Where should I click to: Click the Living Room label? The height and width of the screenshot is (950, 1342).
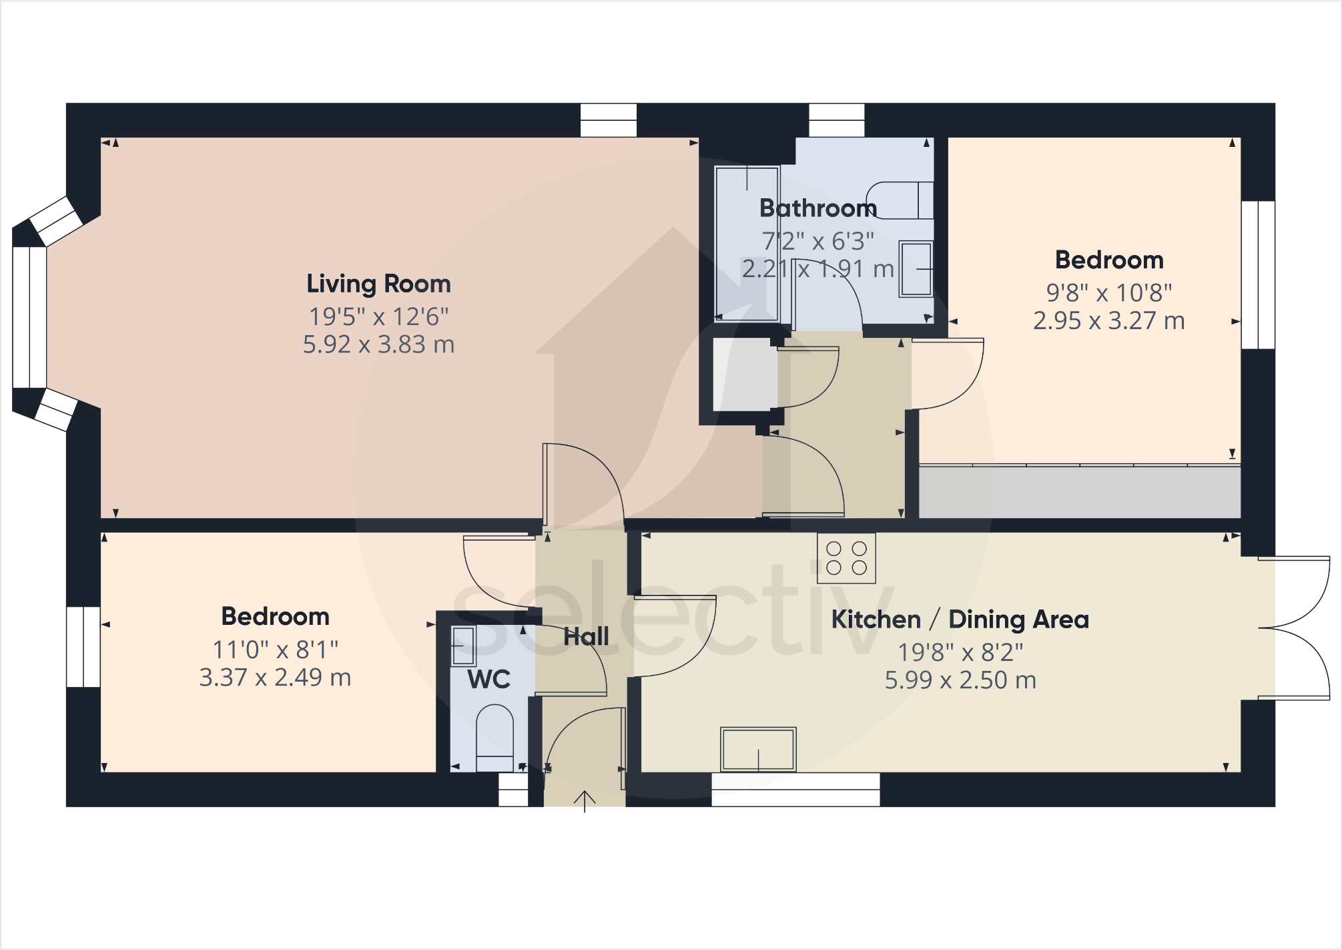(378, 284)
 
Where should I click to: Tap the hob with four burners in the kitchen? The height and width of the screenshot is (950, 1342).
(846, 558)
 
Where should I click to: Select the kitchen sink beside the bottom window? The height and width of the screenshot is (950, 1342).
(758, 749)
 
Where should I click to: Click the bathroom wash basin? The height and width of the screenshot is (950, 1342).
(915, 269)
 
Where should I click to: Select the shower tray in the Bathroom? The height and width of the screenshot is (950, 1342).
(746, 243)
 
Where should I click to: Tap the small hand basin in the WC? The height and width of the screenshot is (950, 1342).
(463, 646)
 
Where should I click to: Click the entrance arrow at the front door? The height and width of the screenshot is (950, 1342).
(585, 800)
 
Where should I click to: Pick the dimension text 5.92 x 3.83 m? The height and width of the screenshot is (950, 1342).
(378, 344)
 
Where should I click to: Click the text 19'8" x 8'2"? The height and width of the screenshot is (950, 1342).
(960, 652)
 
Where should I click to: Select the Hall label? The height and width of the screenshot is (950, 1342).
(586, 636)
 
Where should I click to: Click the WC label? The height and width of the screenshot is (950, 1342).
(488, 680)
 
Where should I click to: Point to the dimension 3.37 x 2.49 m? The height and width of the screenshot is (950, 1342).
(275, 678)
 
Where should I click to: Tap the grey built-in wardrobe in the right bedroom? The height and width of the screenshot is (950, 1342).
(1079, 491)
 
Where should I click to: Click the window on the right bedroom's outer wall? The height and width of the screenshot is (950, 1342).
(1258, 275)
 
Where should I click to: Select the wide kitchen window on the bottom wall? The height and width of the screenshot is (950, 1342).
(795, 790)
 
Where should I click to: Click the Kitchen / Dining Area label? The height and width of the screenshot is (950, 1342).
(960, 620)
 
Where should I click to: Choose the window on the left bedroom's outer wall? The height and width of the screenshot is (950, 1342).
(83, 646)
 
